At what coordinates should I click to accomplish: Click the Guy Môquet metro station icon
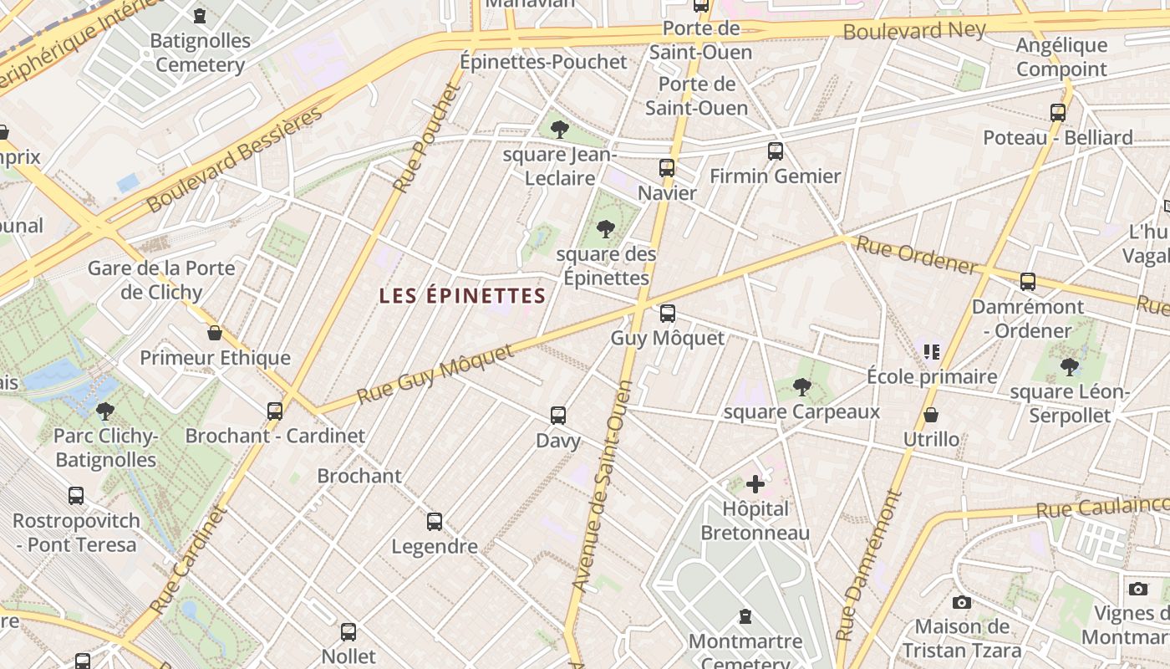tap(667, 314)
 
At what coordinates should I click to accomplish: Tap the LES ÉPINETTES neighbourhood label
tap(462, 296)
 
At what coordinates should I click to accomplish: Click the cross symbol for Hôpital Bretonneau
tap(755, 484)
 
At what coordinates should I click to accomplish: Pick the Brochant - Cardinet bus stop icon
tap(275, 411)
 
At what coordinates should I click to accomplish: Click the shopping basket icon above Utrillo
tap(931, 415)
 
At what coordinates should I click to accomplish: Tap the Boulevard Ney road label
tap(914, 31)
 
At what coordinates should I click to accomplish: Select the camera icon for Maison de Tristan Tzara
tap(962, 602)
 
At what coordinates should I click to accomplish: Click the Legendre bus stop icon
tap(435, 522)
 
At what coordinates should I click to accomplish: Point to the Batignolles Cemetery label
tap(201, 53)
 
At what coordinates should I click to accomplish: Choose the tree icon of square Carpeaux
tap(802, 386)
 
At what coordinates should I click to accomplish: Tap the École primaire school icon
tap(932, 351)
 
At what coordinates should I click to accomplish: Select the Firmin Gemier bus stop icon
tap(775, 151)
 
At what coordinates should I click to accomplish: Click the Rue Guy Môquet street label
tap(435, 373)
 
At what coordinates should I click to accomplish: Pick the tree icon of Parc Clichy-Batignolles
tap(105, 411)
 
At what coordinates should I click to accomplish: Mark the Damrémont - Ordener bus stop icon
tap(1028, 282)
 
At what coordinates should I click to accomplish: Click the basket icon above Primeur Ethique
tap(215, 333)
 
